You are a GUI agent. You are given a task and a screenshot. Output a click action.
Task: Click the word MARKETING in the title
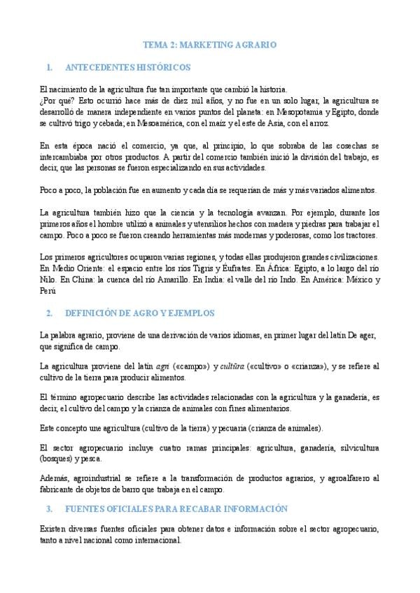point(206,44)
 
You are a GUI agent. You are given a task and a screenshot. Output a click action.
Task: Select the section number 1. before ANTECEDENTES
point(48,68)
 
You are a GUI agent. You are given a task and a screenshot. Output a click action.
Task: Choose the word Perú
point(48,290)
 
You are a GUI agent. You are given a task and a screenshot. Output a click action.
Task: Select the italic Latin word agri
point(162,366)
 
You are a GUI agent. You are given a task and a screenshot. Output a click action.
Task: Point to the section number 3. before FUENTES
point(48,508)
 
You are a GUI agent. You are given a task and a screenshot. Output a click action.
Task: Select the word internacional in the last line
point(157,541)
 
